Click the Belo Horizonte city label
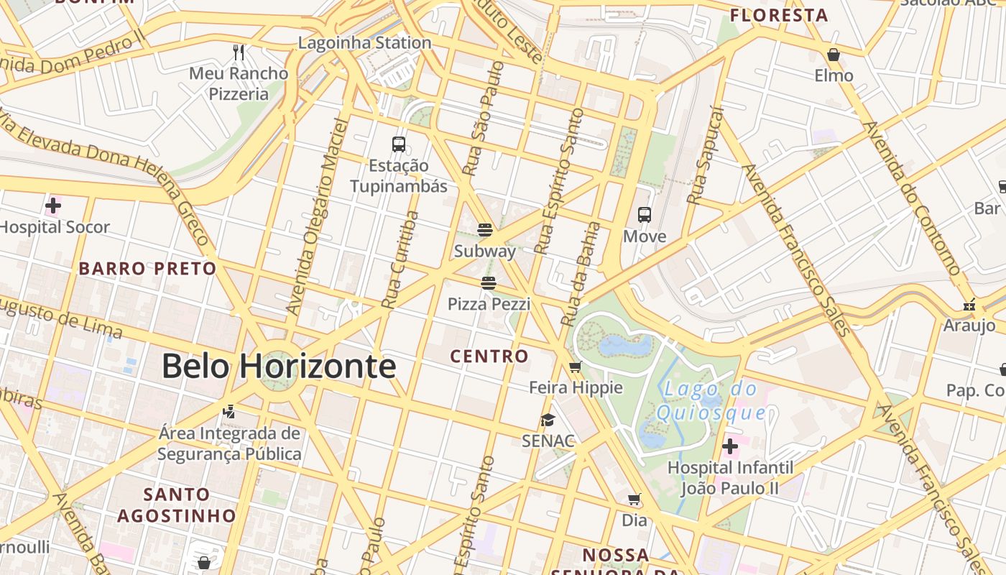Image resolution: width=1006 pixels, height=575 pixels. [279, 366]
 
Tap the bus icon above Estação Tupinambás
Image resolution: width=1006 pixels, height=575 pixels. [399, 144]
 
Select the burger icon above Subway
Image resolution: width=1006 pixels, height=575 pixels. [485, 230]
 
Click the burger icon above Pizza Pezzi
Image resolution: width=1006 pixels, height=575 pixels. [489, 283]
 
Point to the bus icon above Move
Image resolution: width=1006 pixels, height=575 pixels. [645, 215]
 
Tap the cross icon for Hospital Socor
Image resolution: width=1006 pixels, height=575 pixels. [52, 206]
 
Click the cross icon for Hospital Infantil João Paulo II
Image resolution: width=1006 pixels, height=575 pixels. [730, 446]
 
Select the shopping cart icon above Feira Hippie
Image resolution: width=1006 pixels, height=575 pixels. [575, 367]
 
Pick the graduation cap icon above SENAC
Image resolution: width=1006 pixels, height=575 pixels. [548, 420]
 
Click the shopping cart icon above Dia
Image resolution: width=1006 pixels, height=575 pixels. [634, 499]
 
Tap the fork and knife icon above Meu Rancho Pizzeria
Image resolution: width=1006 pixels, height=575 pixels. [239, 52]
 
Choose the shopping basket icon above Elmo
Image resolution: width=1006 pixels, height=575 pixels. [834, 55]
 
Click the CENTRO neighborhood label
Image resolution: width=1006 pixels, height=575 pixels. [489, 356]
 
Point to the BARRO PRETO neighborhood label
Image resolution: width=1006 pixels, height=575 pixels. [147, 269]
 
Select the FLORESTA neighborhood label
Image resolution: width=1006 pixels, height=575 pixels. [779, 15]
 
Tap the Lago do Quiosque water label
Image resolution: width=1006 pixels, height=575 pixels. [710, 401]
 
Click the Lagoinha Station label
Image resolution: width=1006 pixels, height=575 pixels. [364, 42]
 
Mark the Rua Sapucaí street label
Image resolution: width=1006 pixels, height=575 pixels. [705, 156]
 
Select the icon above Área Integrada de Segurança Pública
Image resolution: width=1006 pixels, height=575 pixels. [229, 412]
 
